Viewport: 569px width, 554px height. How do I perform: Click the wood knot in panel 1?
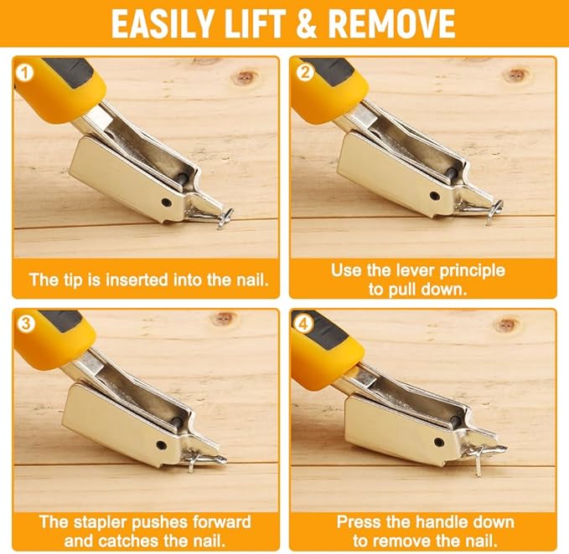[x=244, y=77]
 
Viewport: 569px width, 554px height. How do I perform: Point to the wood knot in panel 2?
[x=517, y=74]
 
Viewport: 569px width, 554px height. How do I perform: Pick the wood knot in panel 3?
[x=224, y=319]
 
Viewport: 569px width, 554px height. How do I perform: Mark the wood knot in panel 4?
[x=507, y=323]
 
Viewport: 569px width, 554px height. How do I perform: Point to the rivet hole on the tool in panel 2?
[x=435, y=196]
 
